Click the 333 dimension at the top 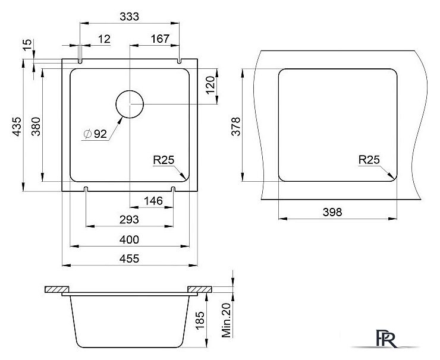130,17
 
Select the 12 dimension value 104,39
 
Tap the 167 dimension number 160,39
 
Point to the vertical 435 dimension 17,127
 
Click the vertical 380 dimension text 36,127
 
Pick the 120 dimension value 210,85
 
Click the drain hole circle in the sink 130,90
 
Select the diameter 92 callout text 95,134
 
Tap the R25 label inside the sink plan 164,160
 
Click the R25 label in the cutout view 369,160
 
